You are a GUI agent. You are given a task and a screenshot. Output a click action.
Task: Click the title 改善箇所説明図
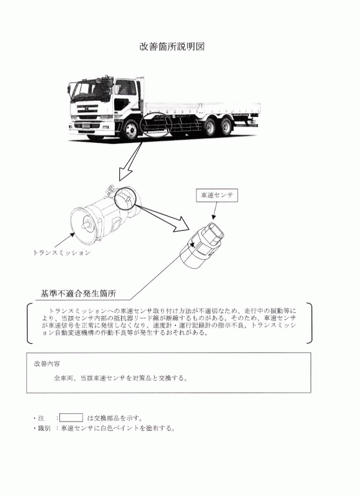(172, 46)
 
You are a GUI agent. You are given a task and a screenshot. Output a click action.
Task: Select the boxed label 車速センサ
(217, 195)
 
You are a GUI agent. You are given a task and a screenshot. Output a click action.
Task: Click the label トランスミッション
(62, 253)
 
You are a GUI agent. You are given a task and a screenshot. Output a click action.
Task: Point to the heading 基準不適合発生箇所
(78, 293)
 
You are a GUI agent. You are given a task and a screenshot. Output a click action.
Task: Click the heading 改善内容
(47, 364)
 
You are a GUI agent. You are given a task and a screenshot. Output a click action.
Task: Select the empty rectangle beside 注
(71, 417)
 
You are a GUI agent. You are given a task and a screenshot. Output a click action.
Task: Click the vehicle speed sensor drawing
(202, 245)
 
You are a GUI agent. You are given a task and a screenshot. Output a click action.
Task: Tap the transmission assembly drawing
(104, 216)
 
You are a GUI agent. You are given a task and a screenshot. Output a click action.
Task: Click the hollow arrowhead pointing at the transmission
(126, 173)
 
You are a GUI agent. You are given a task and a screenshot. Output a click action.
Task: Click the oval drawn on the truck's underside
(157, 125)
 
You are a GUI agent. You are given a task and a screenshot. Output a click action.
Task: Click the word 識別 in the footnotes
(44, 429)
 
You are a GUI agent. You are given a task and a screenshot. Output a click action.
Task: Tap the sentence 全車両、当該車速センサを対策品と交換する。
(121, 378)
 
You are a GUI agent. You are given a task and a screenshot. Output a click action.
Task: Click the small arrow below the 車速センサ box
(215, 210)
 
